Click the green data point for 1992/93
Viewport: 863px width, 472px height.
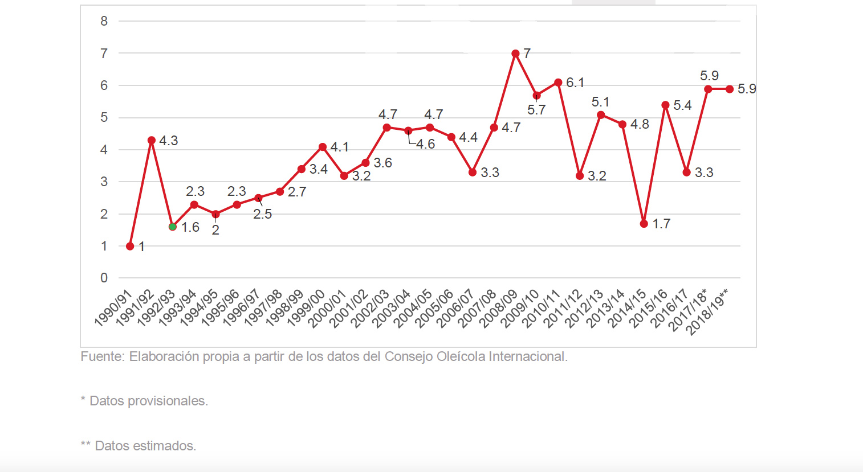pos(173,227)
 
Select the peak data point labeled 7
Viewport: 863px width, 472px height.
pos(515,54)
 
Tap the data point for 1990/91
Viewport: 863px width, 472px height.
pos(130,246)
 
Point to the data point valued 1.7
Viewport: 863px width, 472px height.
pos(644,224)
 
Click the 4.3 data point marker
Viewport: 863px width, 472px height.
pos(152,140)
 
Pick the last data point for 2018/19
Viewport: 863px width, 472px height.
pos(730,89)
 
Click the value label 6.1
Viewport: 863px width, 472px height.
pos(575,83)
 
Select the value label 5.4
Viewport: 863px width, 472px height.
pos(682,105)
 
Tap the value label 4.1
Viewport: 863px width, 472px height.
pos(339,147)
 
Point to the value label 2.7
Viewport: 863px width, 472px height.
pos(297,192)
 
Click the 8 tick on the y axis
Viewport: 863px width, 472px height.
pos(104,21)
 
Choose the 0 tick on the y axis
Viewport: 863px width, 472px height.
pos(104,278)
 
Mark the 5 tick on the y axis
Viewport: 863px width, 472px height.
pos(104,117)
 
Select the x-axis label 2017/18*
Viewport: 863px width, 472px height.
pos(688,310)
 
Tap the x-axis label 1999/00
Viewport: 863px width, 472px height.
pos(306,309)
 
